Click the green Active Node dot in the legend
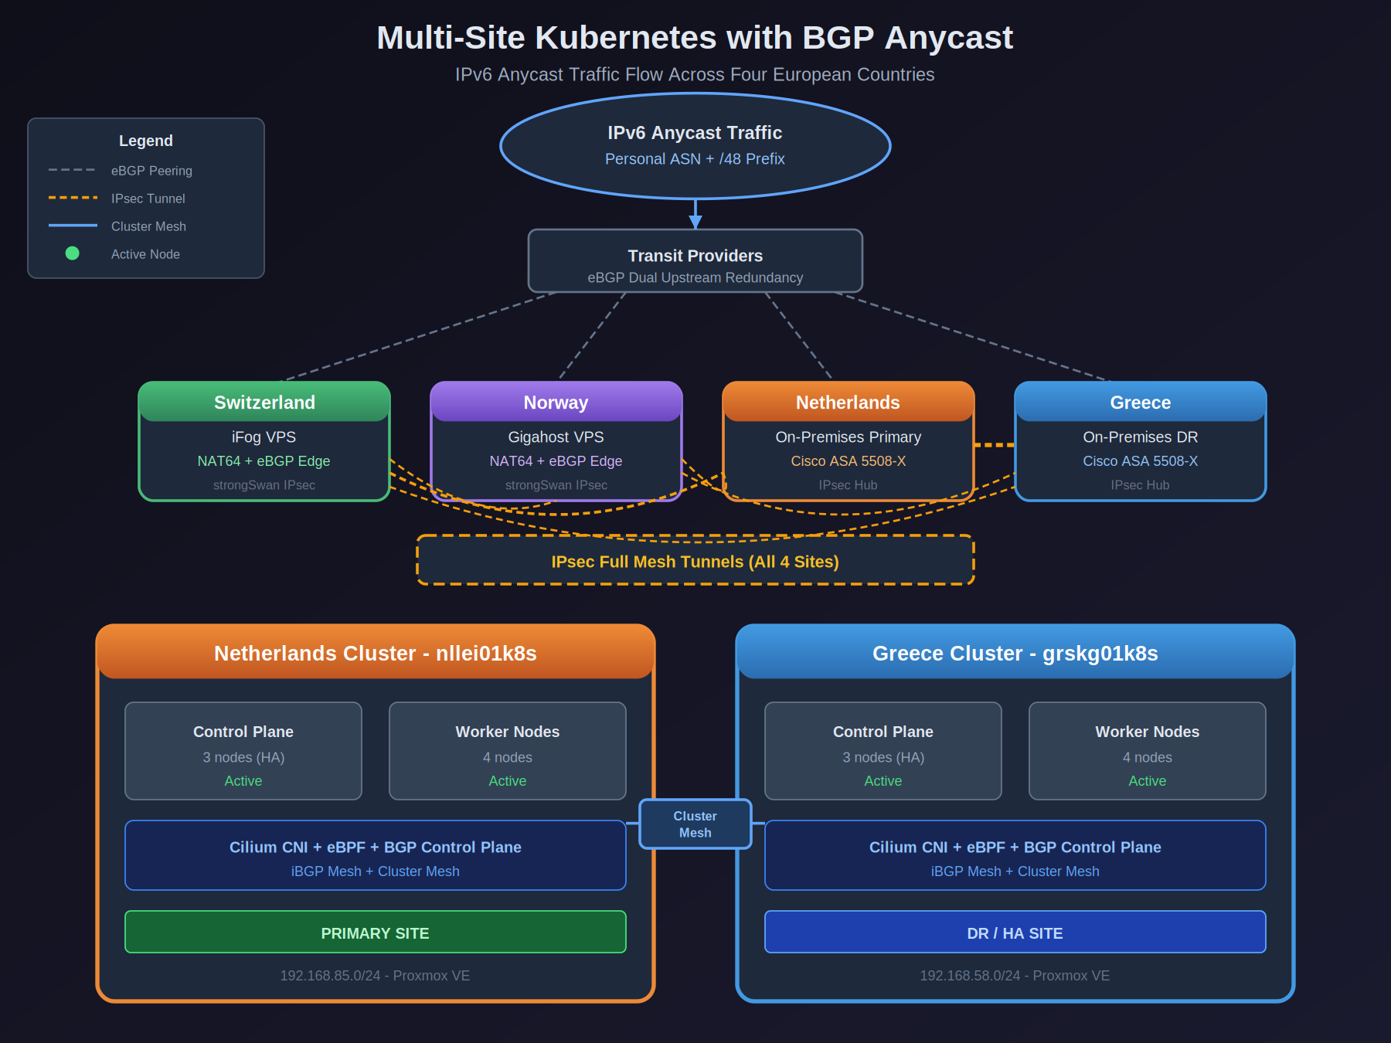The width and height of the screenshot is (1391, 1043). [x=72, y=253]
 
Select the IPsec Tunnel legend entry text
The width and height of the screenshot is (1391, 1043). [x=148, y=199]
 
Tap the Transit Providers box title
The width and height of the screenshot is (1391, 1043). [x=695, y=256]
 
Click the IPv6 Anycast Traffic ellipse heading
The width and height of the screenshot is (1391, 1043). [x=695, y=133]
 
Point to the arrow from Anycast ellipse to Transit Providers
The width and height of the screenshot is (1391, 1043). [x=695, y=214]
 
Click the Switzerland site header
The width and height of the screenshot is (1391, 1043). [x=264, y=403]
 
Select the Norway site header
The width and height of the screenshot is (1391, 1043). [x=556, y=403]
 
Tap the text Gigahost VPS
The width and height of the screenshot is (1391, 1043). [x=556, y=437]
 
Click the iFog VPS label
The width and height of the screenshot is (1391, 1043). [x=264, y=437]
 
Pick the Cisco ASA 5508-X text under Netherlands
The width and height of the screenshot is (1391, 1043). [x=848, y=461]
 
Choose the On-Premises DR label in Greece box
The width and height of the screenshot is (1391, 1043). [x=1140, y=437]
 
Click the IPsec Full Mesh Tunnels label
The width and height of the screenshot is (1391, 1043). [x=695, y=562]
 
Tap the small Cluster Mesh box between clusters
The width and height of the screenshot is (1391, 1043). [x=695, y=824]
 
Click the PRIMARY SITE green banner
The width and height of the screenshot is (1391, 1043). [x=375, y=933]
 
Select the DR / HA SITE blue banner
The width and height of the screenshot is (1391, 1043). [x=1015, y=933]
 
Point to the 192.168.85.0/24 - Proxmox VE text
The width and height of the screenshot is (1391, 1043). [x=375, y=976]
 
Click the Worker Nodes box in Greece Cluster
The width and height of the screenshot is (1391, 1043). [x=1147, y=750]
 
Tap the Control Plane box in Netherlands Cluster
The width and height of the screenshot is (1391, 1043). [x=243, y=750]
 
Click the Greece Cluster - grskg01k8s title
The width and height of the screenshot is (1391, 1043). [x=1015, y=654]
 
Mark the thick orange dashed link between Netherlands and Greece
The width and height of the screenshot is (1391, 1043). [x=995, y=445]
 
